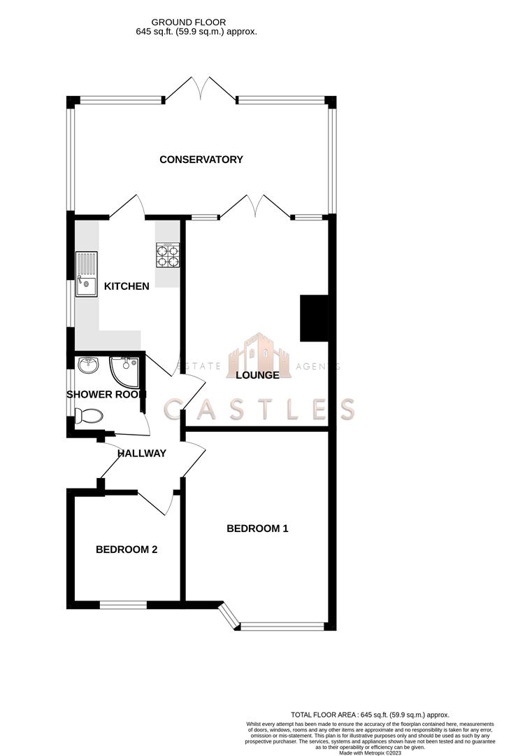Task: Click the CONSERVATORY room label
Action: point(201,160)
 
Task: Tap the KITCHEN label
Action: point(127,286)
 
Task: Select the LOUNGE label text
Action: point(257,375)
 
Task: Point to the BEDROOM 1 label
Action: point(257,528)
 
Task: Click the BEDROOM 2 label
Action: point(127,549)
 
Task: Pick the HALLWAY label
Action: point(142,453)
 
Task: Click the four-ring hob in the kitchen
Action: point(168,255)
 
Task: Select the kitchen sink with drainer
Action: point(87,274)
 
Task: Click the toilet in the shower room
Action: point(88,417)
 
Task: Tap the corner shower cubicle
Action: point(126,371)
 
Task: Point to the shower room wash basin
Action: point(87,365)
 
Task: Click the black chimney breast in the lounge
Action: point(313,318)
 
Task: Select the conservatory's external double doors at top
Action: point(201,89)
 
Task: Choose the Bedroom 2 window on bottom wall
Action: point(123,604)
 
